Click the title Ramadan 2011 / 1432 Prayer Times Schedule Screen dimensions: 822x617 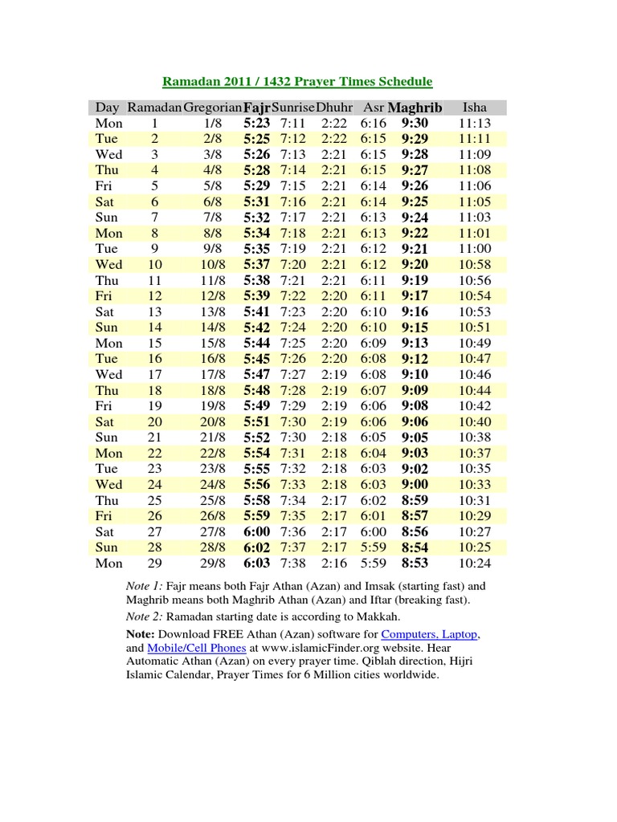pos(298,81)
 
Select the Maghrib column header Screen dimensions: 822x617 pos(415,107)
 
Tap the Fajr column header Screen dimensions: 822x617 pos(257,107)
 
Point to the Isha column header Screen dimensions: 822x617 pos(475,107)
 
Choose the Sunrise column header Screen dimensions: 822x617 pos(293,107)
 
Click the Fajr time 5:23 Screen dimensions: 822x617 pos(256,123)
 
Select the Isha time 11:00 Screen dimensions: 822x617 pos(475,249)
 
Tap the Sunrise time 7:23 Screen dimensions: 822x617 pos(293,311)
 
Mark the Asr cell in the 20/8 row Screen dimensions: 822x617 pos(374,421)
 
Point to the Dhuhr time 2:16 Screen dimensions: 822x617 pos(333,563)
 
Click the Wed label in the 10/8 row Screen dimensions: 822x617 pos(108,264)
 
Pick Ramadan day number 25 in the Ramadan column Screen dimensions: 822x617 pos(155,500)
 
